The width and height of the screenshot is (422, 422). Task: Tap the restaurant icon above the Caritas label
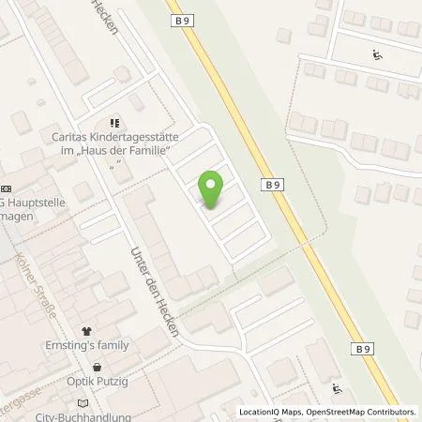pos(114,121)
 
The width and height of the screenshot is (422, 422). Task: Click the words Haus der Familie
pos(127,149)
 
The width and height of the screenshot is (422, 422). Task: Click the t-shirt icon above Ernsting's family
pos(87,331)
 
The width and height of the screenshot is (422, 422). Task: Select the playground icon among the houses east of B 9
pos(378,53)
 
